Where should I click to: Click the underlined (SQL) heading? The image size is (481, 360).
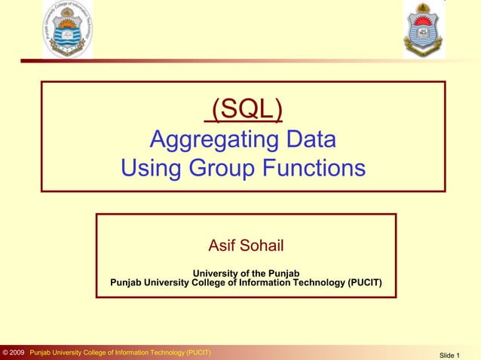tap(244, 110)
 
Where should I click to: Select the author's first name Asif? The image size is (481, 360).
tap(222, 246)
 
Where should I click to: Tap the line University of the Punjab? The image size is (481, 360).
tap(246, 273)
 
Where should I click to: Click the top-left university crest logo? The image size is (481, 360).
tap(67, 29)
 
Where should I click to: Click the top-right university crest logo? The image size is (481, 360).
tap(424, 29)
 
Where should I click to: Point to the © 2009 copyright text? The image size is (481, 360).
tap(14, 352)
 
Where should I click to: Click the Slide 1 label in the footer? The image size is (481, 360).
tap(449, 354)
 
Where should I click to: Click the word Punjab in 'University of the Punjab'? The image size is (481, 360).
tap(285, 273)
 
